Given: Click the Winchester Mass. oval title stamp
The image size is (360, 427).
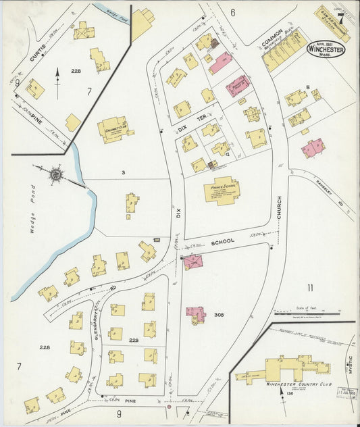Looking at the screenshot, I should tap(326, 49).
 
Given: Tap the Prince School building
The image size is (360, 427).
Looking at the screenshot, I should tap(222, 190).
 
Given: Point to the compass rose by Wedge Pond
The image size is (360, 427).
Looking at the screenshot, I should tap(55, 174).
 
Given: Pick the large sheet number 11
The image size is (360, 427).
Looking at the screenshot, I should tap(310, 288).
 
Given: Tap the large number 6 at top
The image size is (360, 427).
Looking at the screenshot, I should tap(232, 12).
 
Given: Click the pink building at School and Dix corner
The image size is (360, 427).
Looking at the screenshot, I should tap(193, 262).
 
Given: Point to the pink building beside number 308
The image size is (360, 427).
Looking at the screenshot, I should tap(196, 314).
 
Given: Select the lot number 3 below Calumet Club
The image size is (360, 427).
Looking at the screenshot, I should tap(123, 174).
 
